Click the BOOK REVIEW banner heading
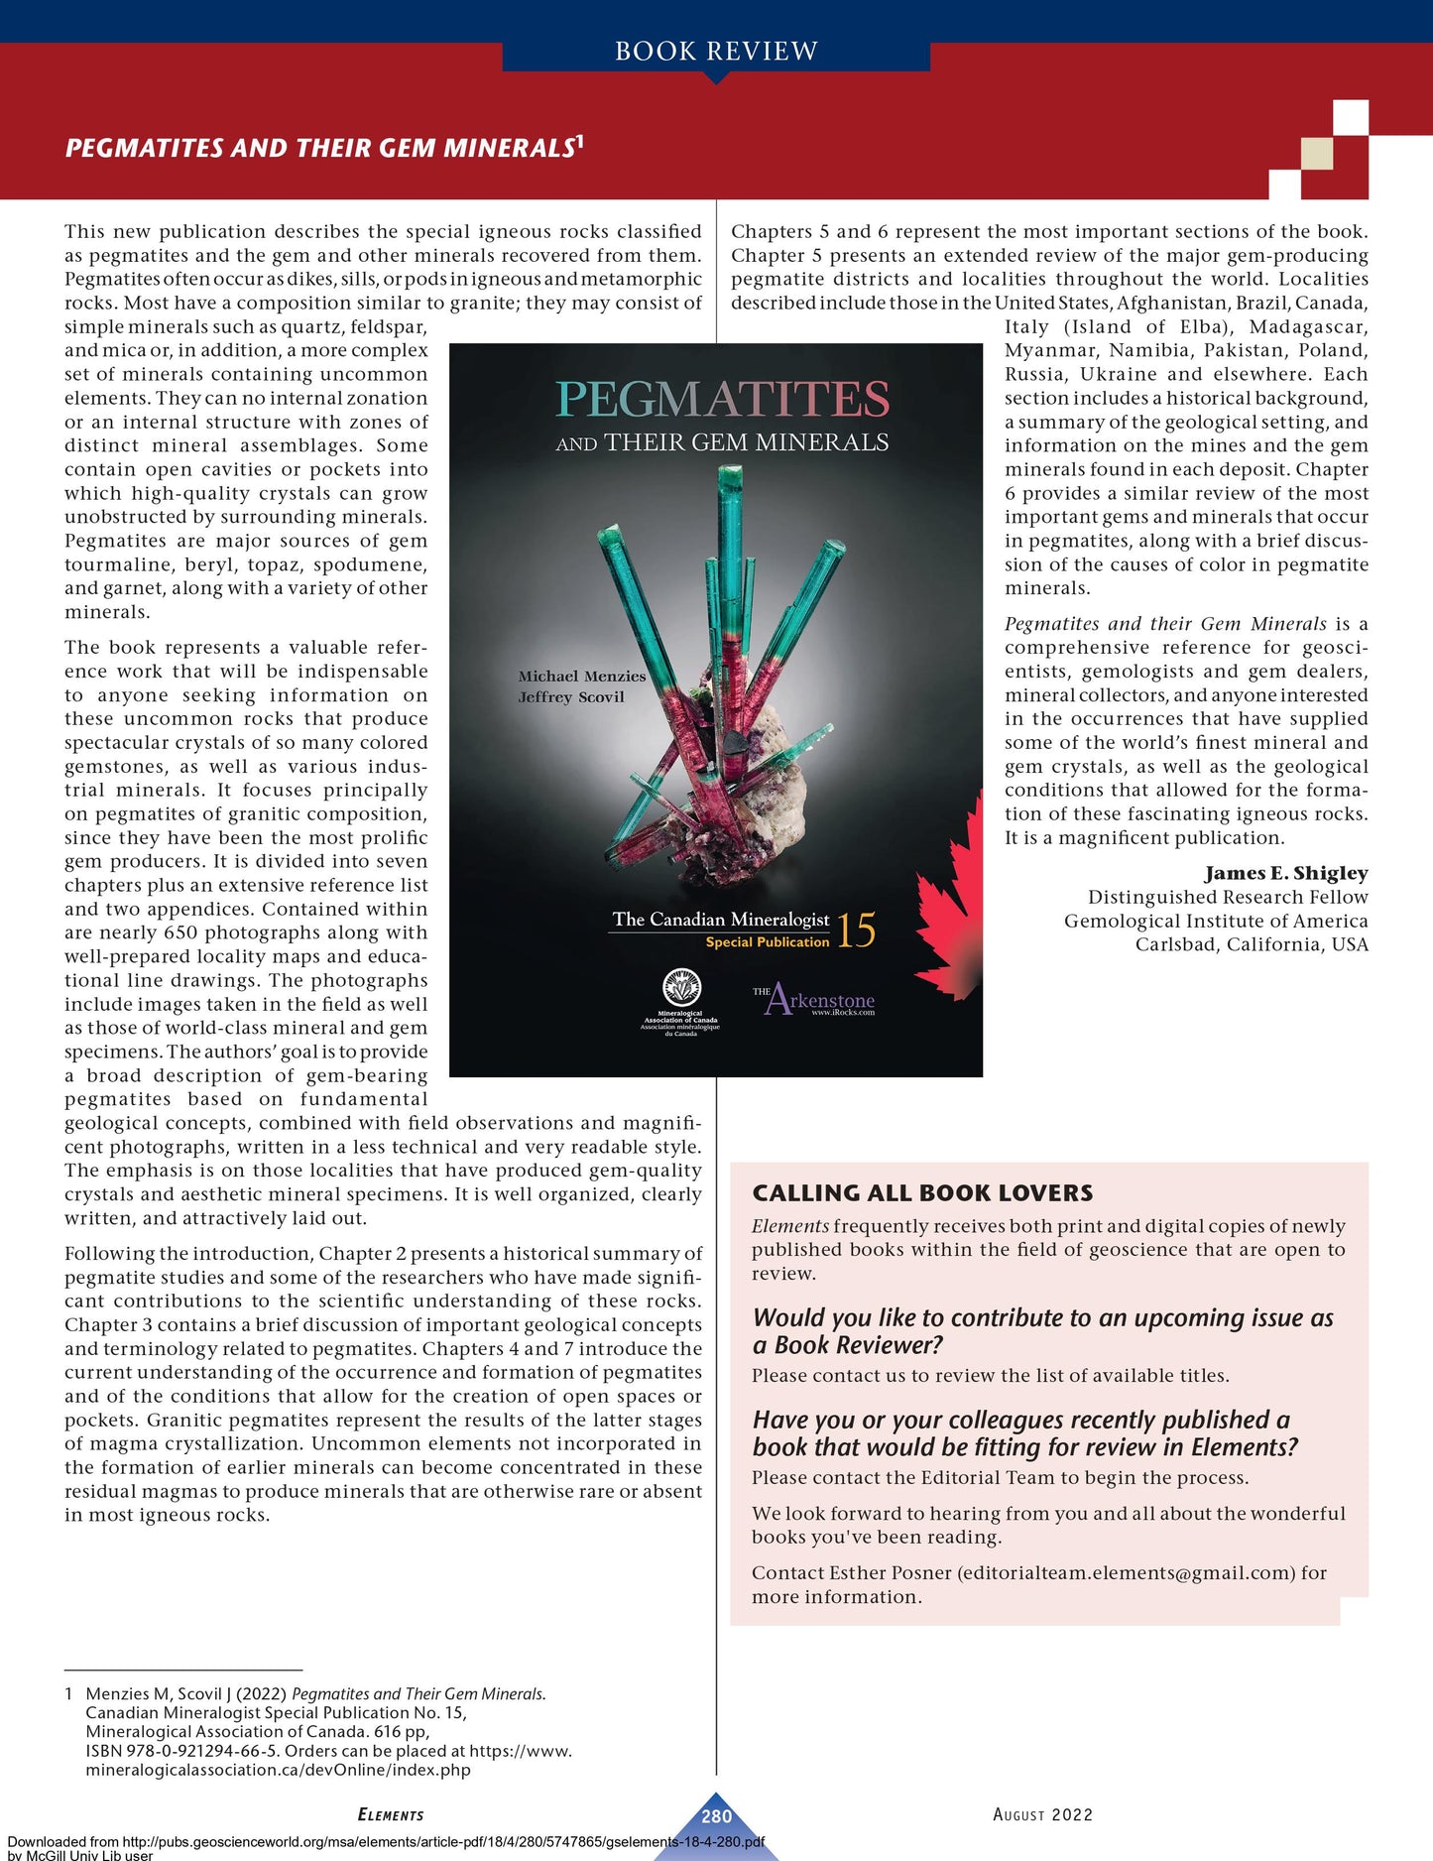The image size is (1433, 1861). point(716,51)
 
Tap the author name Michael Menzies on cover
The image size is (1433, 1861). point(581,676)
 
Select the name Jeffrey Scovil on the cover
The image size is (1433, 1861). point(571,696)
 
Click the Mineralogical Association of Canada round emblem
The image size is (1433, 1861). point(681,988)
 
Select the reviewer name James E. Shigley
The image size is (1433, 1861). point(1286,873)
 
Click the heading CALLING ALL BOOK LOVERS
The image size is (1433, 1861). point(922,1192)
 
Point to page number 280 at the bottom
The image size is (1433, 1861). point(716,1816)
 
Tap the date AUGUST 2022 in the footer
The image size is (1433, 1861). point(1042,1814)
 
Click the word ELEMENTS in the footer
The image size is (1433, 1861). point(391,1814)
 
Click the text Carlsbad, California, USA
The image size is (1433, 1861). point(1252,944)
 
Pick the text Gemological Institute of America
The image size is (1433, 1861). point(1216,921)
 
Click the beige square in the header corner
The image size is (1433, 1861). point(1316,154)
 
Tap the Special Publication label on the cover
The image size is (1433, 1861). point(767,942)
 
